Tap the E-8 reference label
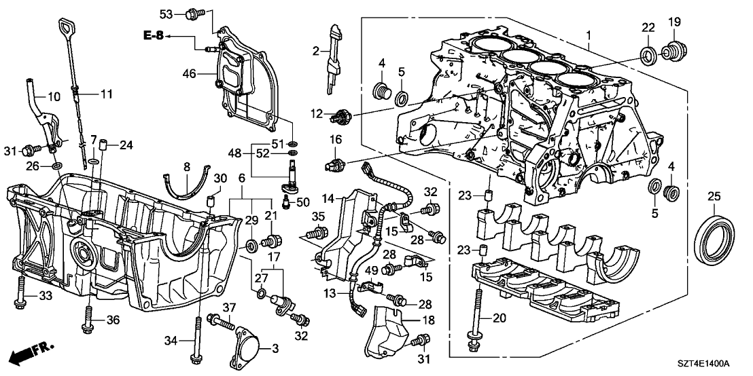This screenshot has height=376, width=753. coord(154,35)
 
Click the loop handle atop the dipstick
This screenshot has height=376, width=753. coord(67,28)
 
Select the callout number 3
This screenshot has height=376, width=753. coord(275,348)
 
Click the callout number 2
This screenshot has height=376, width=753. coord(316,51)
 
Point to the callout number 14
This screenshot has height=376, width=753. coord(328,199)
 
